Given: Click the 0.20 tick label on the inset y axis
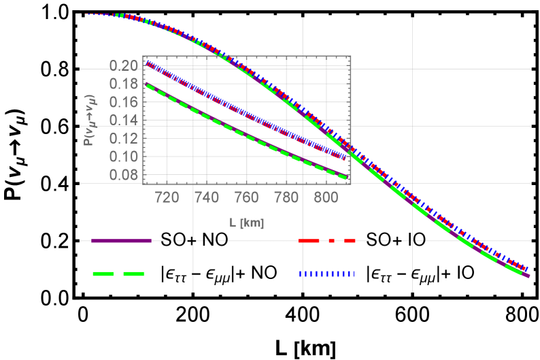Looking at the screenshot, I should [x=124, y=66].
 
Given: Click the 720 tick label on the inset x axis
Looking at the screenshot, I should [x=167, y=198].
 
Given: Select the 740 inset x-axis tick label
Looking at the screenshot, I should [x=207, y=198].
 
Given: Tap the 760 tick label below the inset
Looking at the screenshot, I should [x=247, y=198].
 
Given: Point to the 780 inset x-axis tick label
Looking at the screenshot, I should [x=287, y=198].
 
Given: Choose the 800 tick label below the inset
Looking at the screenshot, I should [x=327, y=198].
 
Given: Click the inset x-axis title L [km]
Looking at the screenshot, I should [x=246, y=223].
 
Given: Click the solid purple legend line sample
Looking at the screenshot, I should [x=120, y=241].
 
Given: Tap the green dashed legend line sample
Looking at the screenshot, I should [x=119, y=274].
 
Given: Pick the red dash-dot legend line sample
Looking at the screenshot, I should [x=327, y=241].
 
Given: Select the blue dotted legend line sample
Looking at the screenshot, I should [x=327, y=274].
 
